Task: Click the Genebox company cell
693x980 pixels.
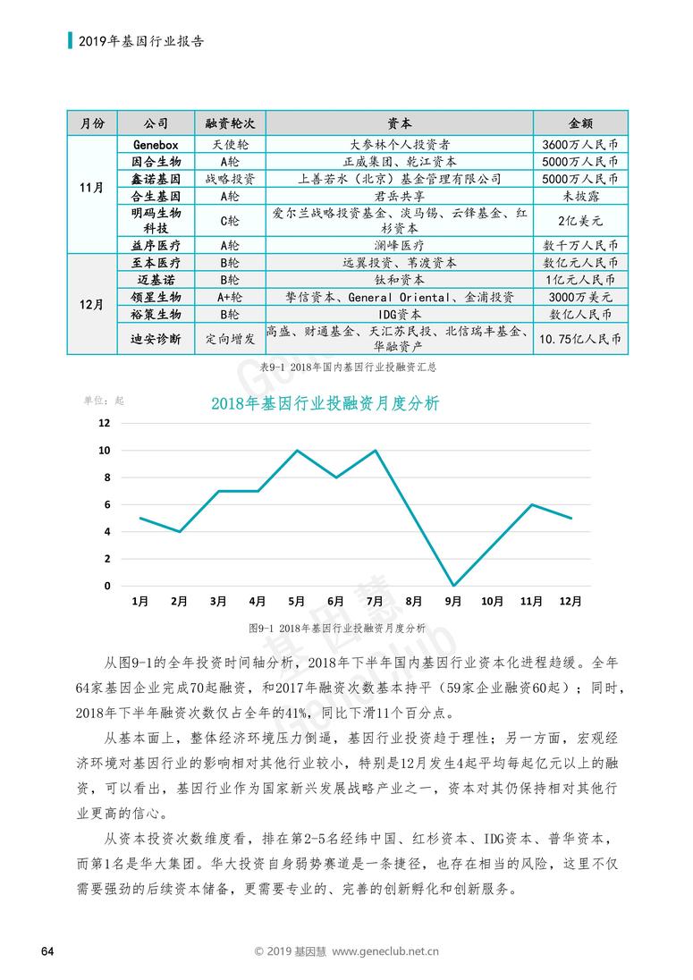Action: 156,144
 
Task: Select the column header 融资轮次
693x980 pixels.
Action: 230,123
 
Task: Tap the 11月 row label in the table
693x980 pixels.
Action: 92,188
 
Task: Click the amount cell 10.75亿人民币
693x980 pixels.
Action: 580,339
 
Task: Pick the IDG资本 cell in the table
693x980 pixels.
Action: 400,315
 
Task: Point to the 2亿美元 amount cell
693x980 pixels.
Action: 580,221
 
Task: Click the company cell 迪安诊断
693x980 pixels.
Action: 156,339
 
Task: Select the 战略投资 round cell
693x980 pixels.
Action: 230,179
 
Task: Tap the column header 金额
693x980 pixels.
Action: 580,123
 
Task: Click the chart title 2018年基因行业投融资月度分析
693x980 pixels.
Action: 325,403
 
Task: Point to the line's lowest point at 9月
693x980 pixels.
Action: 453,586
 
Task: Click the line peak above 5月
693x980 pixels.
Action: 297,450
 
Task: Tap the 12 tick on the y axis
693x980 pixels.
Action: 105,423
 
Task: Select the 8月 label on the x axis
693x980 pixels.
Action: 414,601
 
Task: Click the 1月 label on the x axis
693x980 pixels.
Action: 140,601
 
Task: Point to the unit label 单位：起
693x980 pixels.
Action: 105,401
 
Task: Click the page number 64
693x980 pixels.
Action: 47,951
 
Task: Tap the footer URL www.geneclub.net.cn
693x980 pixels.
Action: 385,951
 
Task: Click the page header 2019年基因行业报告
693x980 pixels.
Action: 141,41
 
